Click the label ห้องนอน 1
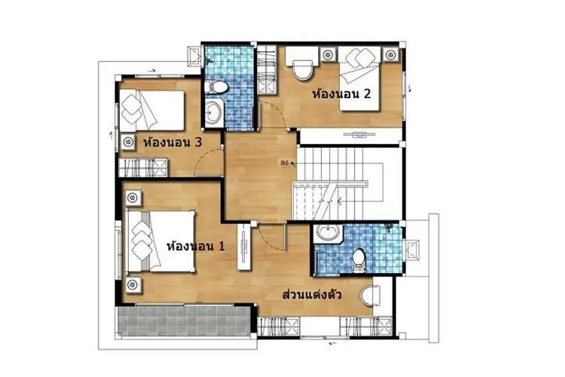click(196, 246)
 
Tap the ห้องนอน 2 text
click(341, 93)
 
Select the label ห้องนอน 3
click(173, 143)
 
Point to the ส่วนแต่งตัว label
click(312, 294)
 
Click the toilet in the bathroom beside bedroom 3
click(216, 87)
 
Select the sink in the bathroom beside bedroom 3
click(215, 112)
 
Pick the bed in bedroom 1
click(161, 241)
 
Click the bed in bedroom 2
click(359, 78)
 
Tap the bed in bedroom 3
click(152, 110)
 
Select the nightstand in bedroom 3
click(128, 142)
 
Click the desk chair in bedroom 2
click(302, 70)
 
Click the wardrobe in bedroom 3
click(143, 167)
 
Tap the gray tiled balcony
click(185, 321)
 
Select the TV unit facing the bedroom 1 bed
click(244, 247)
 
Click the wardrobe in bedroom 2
click(267, 70)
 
